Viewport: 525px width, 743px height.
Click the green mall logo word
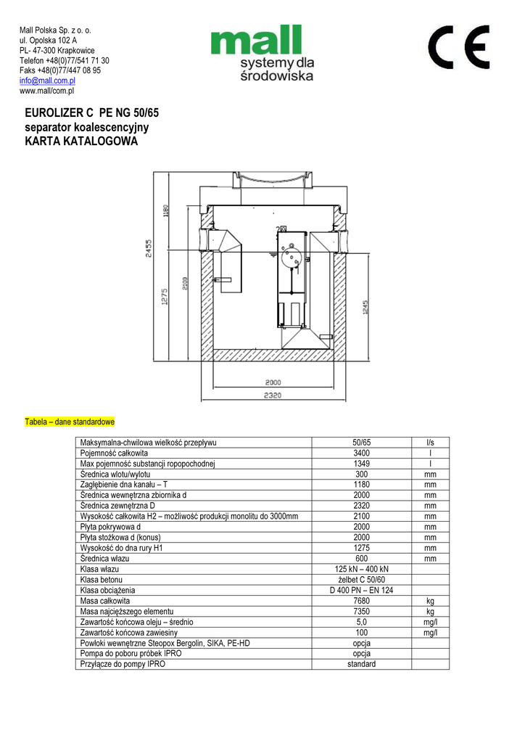click(256, 41)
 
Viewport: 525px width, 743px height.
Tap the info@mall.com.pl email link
click(47, 81)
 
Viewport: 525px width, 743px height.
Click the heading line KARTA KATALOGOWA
click(80, 141)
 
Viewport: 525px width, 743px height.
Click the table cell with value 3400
click(361, 453)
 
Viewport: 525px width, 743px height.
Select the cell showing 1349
click(361, 464)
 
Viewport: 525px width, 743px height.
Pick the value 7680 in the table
click(361, 601)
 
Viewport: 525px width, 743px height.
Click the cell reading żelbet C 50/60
click(361, 580)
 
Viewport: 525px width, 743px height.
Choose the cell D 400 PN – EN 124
click(361, 591)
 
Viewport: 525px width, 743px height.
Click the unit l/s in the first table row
click(430, 443)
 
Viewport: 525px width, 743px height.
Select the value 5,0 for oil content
click(361, 622)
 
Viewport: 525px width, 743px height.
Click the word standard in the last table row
click(361, 664)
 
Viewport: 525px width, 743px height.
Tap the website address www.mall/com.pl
click(46, 91)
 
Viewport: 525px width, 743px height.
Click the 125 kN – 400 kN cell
click(361, 570)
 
